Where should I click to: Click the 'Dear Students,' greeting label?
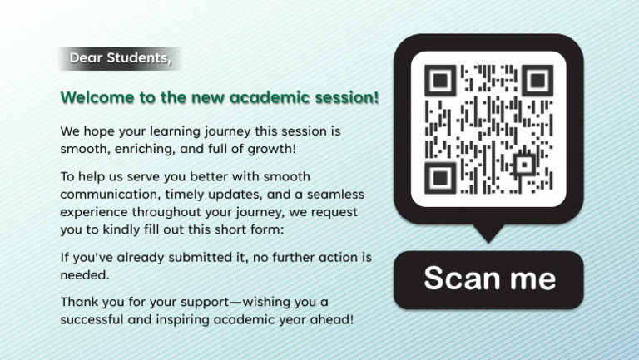(x=120, y=58)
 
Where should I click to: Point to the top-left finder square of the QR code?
(x=440, y=81)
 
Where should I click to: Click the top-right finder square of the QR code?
(x=537, y=81)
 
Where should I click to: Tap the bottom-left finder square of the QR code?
(x=440, y=176)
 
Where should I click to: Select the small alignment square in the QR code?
(x=523, y=164)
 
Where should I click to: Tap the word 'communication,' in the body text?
(x=108, y=194)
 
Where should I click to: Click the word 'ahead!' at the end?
(x=332, y=319)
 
